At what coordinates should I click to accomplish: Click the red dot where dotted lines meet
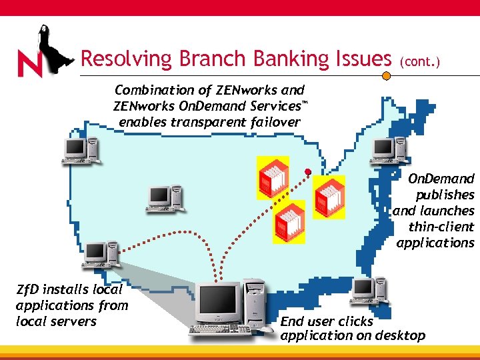pos(308,172)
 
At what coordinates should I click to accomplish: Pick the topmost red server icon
pos(272,177)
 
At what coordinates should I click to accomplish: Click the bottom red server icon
pos(288,222)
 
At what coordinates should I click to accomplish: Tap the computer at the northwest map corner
pos(80,151)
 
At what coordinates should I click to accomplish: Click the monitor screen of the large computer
pos(218,301)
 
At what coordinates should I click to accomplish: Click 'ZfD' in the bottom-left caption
pos(29,290)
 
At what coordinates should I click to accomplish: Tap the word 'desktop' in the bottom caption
pos(401,335)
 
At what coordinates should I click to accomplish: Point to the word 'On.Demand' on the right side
pos(441,179)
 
